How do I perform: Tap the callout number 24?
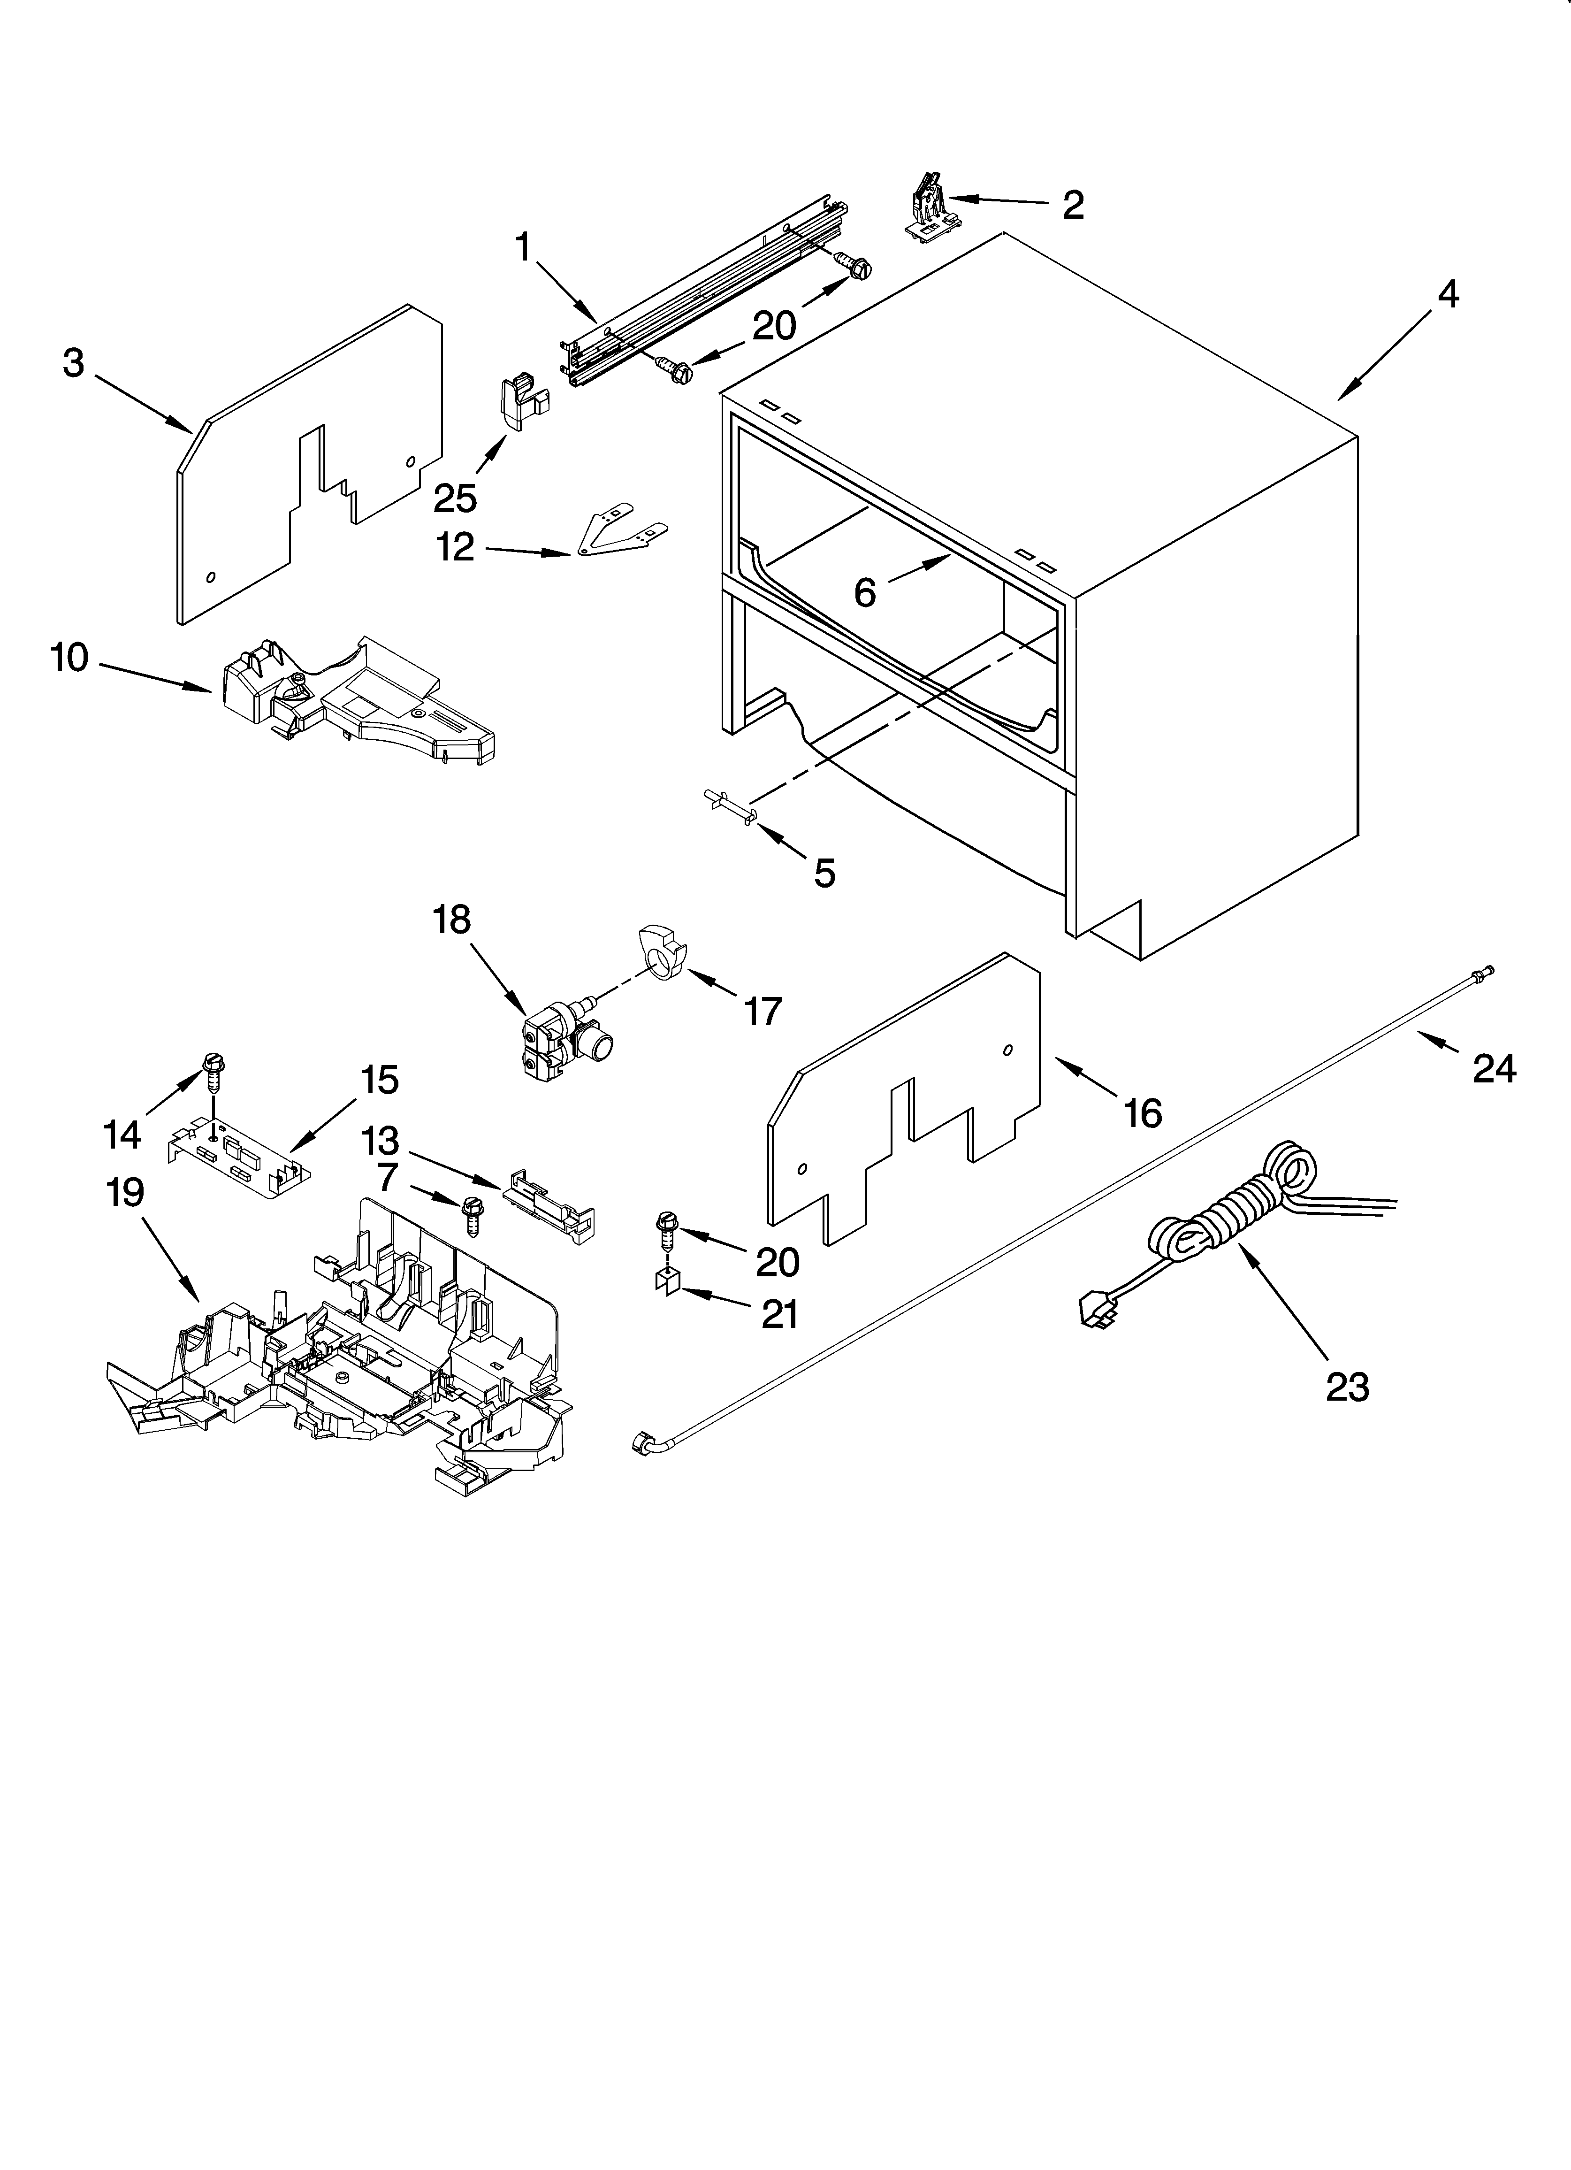tap(1494, 1068)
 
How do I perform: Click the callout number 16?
tap(1143, 1113)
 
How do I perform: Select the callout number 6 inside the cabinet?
tap(865, 593)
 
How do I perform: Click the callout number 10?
tap(70, 658)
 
